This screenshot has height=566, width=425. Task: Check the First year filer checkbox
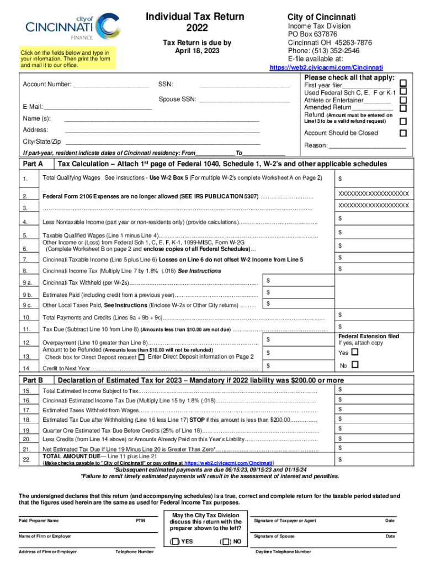tap(403, 83)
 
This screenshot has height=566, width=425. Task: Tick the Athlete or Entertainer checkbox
tap(403, 101)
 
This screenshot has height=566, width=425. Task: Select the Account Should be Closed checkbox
tap(403, 133)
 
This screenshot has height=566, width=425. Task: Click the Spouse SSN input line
tap(244, 100)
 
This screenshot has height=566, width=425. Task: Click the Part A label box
tap(34, 165)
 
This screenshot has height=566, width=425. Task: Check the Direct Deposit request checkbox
tap(142, 358)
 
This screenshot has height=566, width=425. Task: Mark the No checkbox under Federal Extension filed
tap(354, 365)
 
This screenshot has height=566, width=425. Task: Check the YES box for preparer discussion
tap(175, 541)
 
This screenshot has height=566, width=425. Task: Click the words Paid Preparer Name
tap(39, 521)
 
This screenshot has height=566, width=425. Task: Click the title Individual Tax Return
tap(194, 17)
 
